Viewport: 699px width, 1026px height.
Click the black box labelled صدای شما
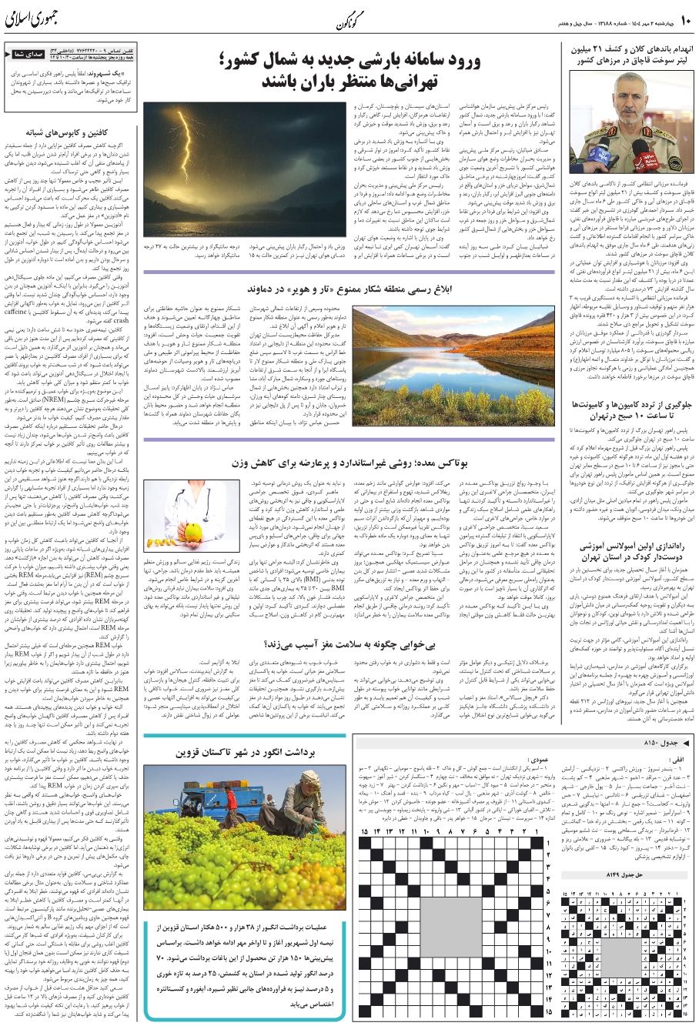click(x=25, y=55)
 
